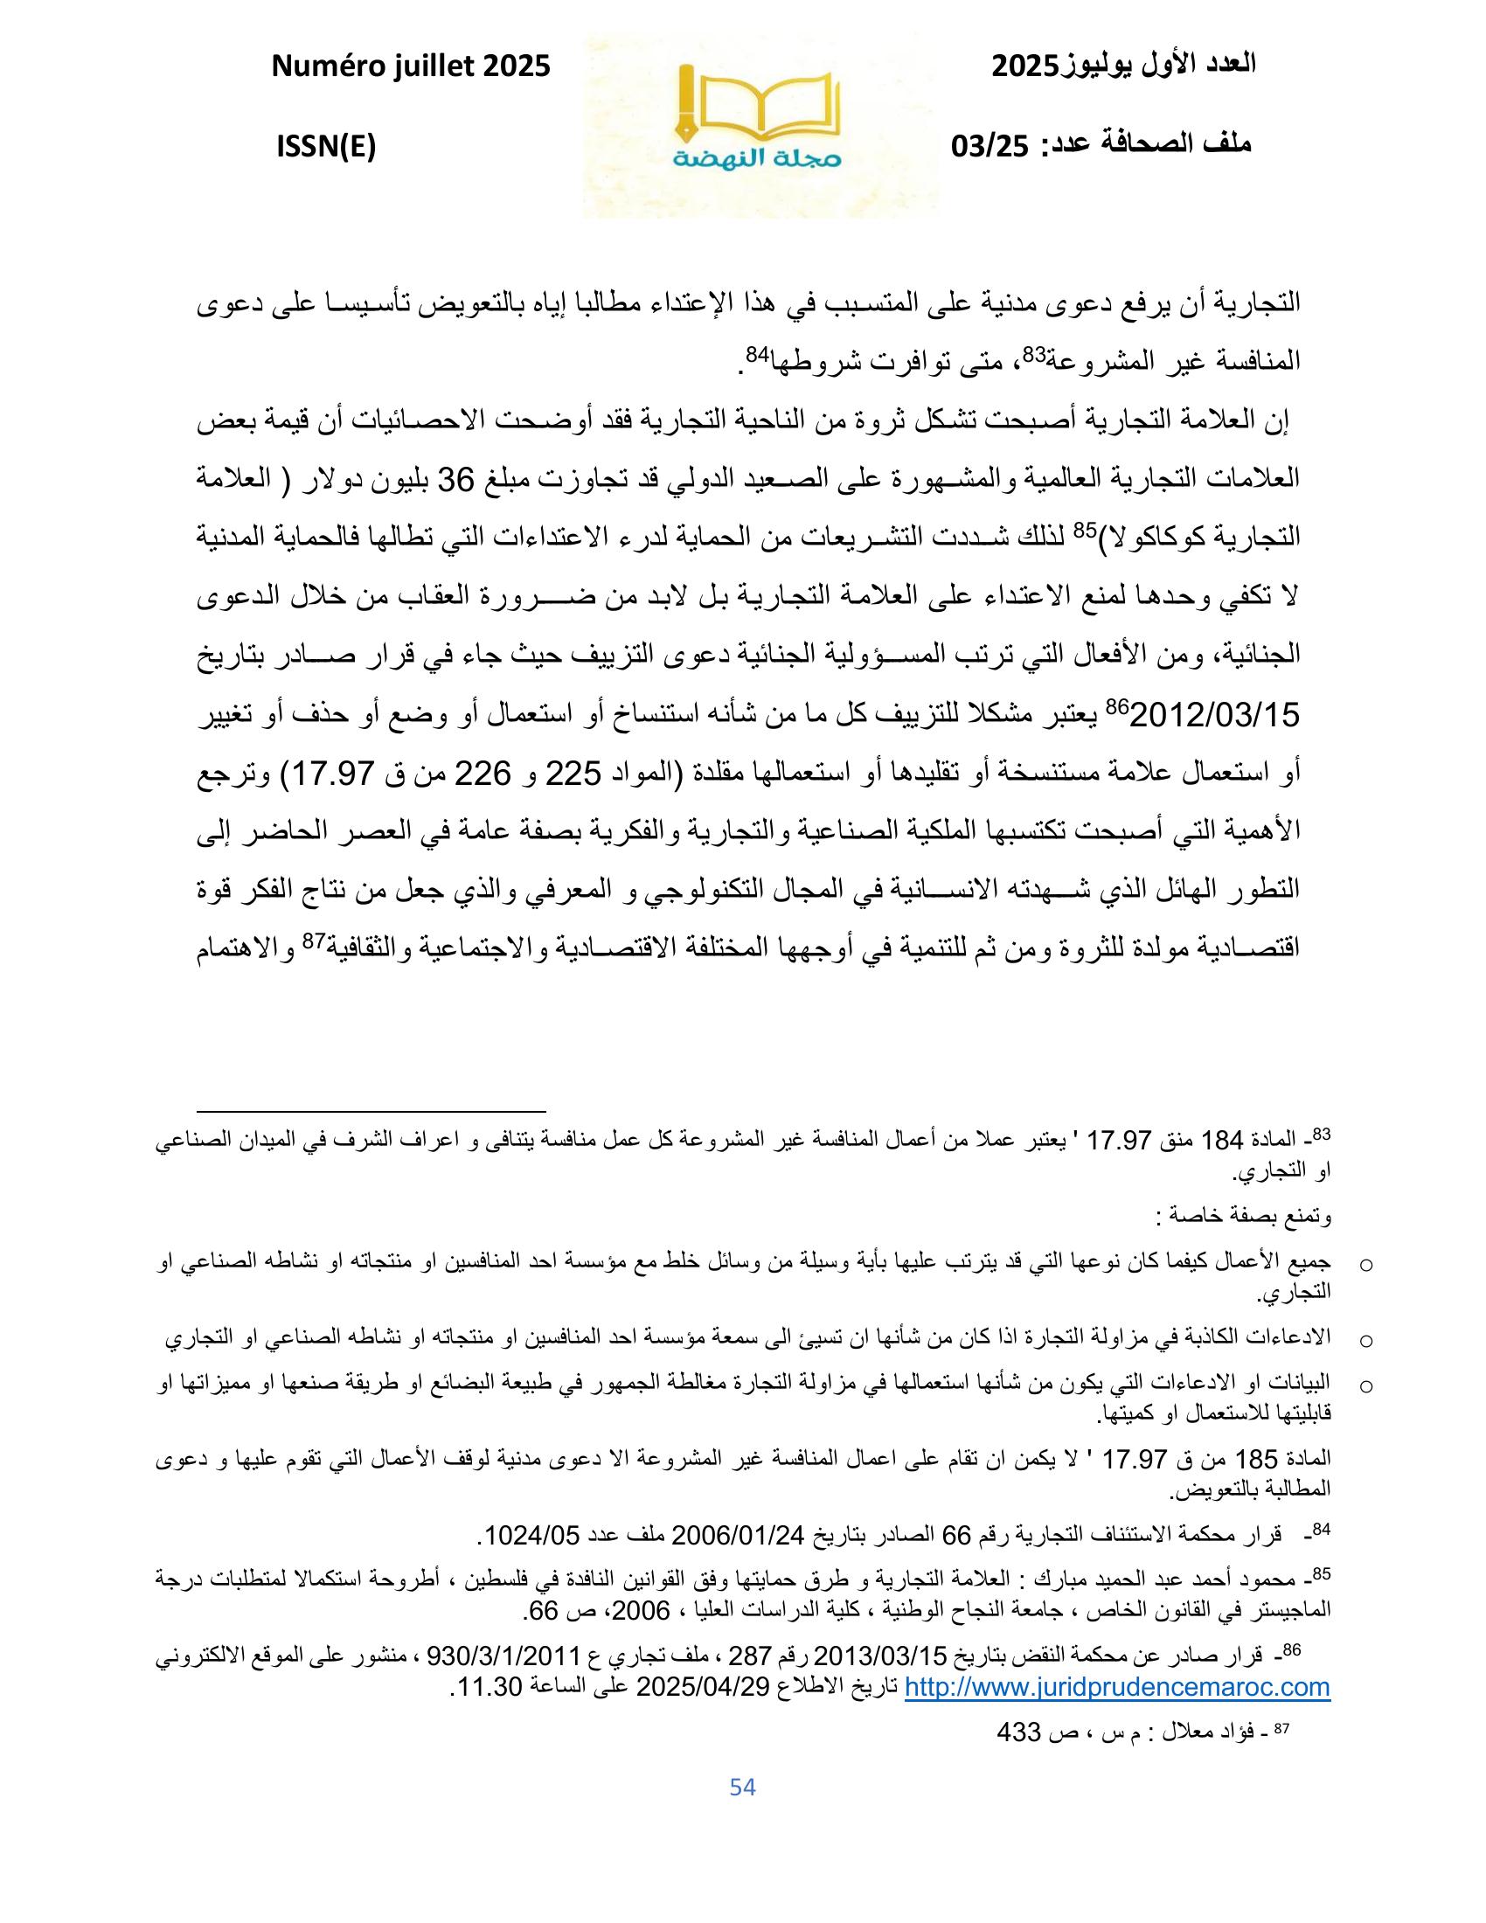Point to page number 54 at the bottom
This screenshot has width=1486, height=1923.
(743, 1787)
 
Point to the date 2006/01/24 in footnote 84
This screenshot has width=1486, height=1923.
(739, 1537)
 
